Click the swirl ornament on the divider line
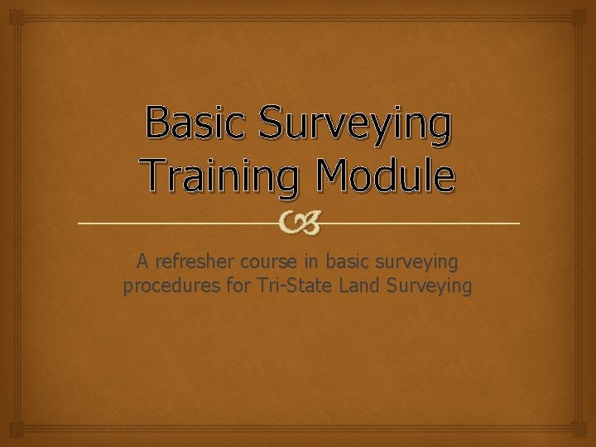click(x=298, y=222)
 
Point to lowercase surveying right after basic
click(x=417, y=262)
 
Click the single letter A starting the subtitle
click(x=142, y=262)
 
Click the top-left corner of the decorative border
click(x=12, y=12)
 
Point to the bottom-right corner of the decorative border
click(x=584, y=435)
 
